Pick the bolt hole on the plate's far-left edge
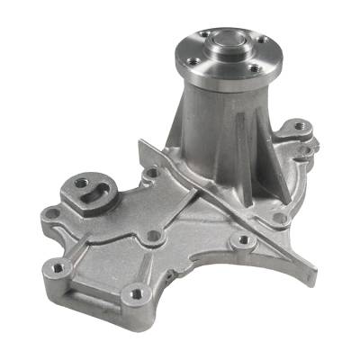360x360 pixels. pyautogui.click(x=53, y=214)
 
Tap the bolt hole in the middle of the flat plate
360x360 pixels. pyautogui.click(x=154, y=236)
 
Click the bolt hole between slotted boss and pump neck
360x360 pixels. pyautogui.click(x=152, y=172)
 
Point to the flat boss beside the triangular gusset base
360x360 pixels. pyautogui.click(x=278, y=217)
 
